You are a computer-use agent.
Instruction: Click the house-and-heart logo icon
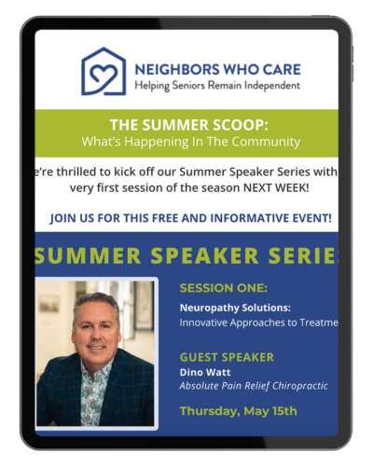click(x=104, y=72)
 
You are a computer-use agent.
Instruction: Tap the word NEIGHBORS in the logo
click(x=177, y=69)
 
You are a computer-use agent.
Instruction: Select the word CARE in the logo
click(x=282, y=69)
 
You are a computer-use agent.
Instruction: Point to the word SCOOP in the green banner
click(x=237, y=125)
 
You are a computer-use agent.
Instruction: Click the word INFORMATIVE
click(x=250, y=218)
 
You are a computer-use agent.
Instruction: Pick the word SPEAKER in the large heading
click(x=204, y=256)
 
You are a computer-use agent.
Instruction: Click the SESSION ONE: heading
click(x=224, y=288)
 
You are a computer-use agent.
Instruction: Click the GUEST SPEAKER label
click(x=227, y=357)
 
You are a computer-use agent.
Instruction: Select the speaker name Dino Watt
click(x=205, y=372)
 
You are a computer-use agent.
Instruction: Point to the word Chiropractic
click(x=300, y=386)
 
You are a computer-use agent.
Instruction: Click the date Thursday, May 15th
click(x=239, y=411)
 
